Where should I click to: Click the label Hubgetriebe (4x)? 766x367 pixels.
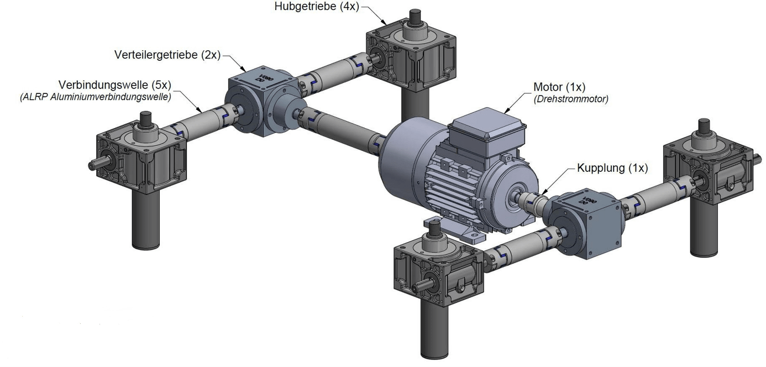317,6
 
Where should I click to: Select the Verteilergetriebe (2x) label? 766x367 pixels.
167,54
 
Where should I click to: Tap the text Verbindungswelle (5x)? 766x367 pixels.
115,85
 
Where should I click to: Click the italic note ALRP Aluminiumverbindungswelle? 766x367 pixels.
96,97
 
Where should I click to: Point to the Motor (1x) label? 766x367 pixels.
559,87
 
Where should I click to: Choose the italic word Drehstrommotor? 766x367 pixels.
571,99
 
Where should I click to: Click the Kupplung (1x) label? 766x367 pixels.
612,168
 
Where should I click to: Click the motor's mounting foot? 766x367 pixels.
455,232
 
